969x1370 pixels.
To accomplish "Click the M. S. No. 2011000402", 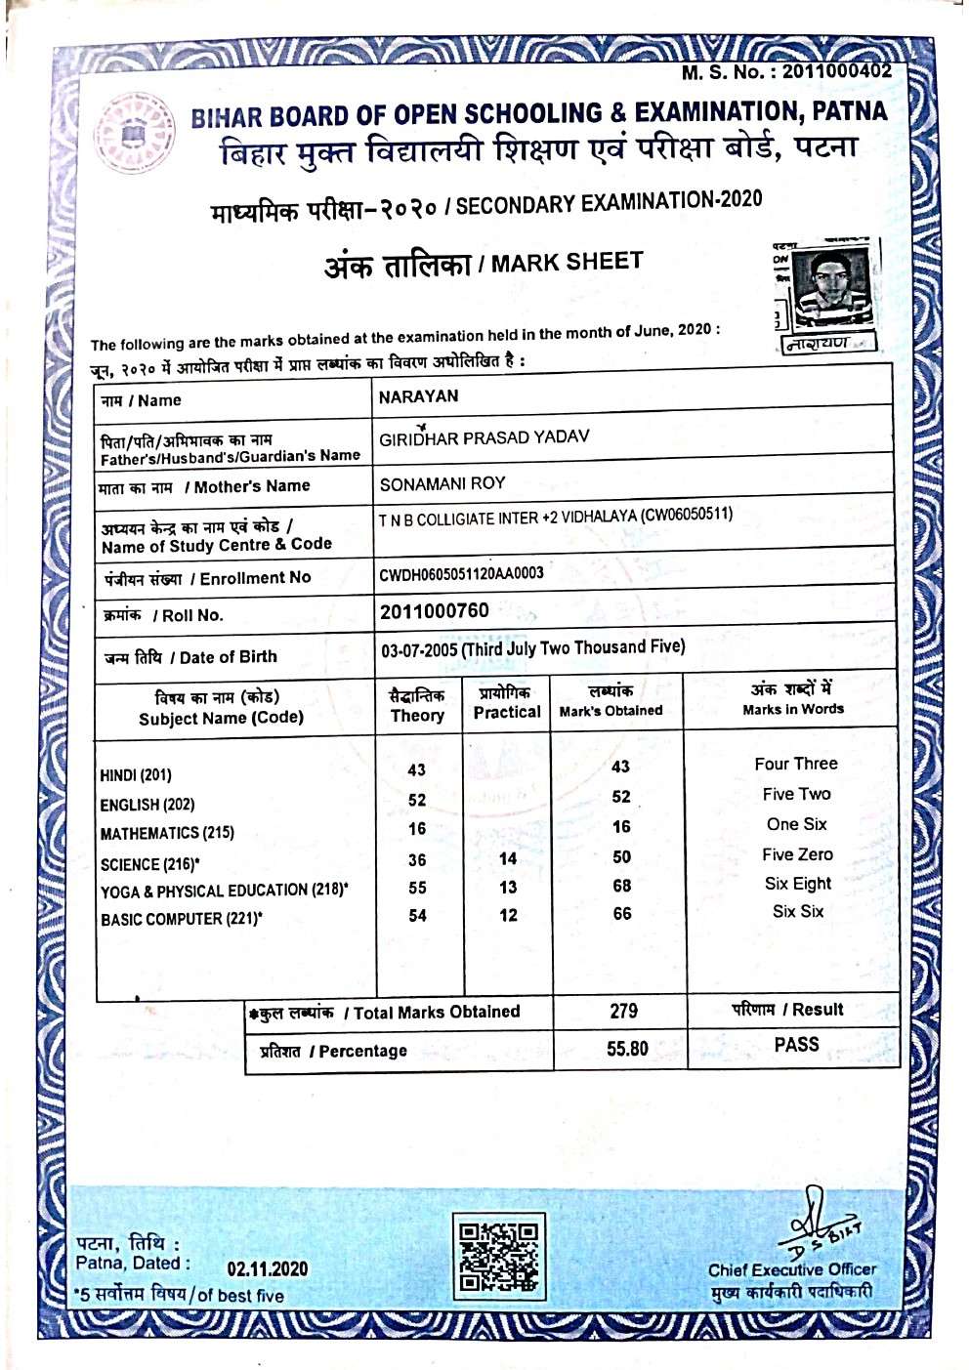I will pyautogui.click(x=786, y=71).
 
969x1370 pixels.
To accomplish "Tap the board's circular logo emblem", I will pyautogui.click(x=136, y=132).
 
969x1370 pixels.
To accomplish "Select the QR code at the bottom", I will pyautogui.click(x=499, y=1257).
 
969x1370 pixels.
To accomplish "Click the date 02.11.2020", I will pyautogui.click(x=267, y=1269).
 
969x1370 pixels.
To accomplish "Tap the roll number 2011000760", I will pyautogui.click(x=435, y=611).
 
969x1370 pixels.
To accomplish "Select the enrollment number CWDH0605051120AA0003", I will pyautogui.click(x=461, y=573).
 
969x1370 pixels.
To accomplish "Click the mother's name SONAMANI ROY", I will pyautogui.click(x=442, y=483).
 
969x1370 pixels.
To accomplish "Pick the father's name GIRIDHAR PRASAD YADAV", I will pyautogui.click(x=484, y=437).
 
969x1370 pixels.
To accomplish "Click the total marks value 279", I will pyautogui.click(x=623, y=1012).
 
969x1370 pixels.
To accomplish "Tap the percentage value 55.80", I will pyautogui.click(x=627, y=1049).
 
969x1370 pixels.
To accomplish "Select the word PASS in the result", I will pyautogui.click(x=796, y=1045).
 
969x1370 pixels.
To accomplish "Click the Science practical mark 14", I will pyautogui.click(x=508, y=859).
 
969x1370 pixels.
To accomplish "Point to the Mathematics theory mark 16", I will pyautogui.click(x=417, y=829).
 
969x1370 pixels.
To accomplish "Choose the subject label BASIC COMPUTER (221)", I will pyautogui.click(x=181, y=919).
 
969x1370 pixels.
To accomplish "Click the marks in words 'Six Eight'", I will pyautogui.click(x=798, y=884).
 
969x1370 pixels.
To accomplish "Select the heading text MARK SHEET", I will pyautogui.click(x=567, y=263).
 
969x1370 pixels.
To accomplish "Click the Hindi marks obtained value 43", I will pyautogui.click(x=620, y=768).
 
